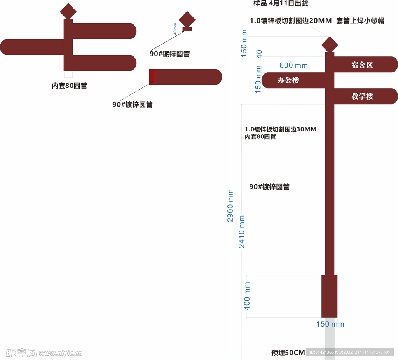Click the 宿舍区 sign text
point(362,65)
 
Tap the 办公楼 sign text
point(288,80)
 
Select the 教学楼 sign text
point(362,96)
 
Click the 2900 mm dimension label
point(230,206)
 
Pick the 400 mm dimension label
point(247,296)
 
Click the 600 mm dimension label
point(293,65)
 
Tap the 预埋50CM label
point(288,353)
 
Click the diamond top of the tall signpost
point(330,44)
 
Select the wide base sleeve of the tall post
point(329,296)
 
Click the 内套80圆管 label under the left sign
point(70,86)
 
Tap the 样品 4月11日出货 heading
point(281,4)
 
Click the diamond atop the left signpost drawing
point(68,11)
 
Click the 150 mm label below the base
point(330,324)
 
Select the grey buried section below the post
point(330,338)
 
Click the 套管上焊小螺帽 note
point(360,21)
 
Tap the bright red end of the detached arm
point(152,77)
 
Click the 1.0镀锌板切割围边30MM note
point(281,129)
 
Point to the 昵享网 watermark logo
point(21,353)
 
